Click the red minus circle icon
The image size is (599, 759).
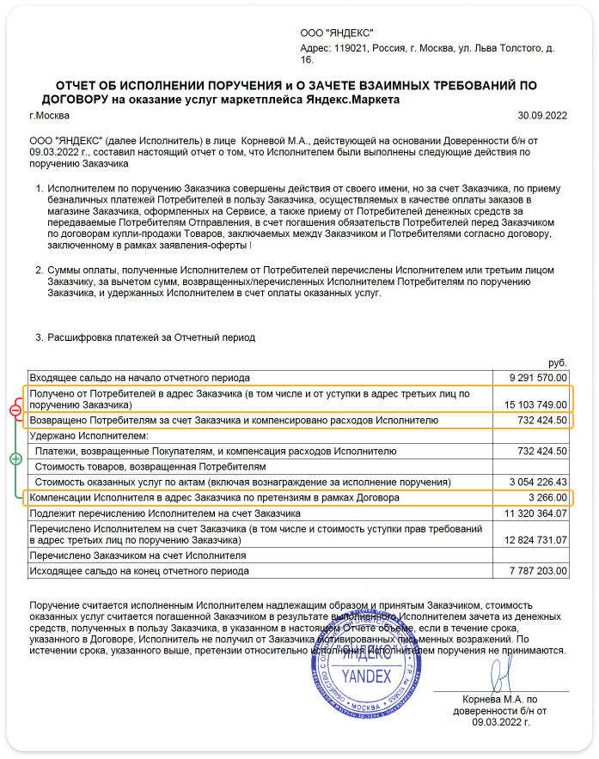[x=15, y=411]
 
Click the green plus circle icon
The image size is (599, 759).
[x=15, y=459]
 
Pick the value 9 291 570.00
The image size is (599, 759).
[x=538, y=377]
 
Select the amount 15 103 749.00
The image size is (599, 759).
[x=535, y=404]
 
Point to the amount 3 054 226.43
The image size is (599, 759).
[x=538, y=482]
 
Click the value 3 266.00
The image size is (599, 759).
[x=547, y=497]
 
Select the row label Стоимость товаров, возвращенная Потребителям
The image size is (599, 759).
[x=150, y=466]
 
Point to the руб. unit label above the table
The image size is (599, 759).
[x=558, y=363]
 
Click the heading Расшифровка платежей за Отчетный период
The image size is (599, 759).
[x=151, y=337]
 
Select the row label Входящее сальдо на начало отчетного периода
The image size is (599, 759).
[x=139, y=377]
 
